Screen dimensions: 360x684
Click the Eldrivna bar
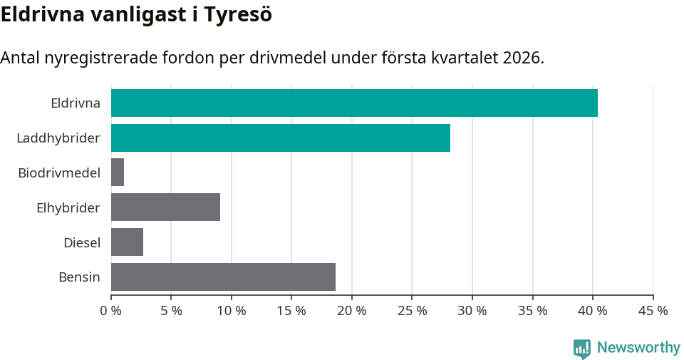pos(354,103)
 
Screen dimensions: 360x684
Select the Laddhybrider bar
pos(281,138)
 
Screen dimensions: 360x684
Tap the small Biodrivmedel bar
pos(118,173)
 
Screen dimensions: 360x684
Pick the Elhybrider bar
pos(165,207)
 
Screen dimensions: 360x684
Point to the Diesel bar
pos(127,242)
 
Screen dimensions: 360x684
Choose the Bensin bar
pos(223,277)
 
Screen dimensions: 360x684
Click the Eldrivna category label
pos(76,103)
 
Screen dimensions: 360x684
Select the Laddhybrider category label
pos(58,138)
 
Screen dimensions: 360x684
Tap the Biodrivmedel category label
pos(59,173)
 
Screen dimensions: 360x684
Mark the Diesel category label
pos(82,242)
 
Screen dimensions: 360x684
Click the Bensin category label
pos(79,277)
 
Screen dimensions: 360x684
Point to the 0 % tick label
pos(111,311)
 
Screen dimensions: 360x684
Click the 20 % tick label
pos(352,311)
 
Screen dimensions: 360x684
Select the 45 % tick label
pos(653,311)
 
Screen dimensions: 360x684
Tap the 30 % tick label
pos(472,311)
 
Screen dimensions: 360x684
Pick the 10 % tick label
pos(232,311)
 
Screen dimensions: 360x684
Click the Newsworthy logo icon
pos(582,348)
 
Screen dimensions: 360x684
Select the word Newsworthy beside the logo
pos(638,348)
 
